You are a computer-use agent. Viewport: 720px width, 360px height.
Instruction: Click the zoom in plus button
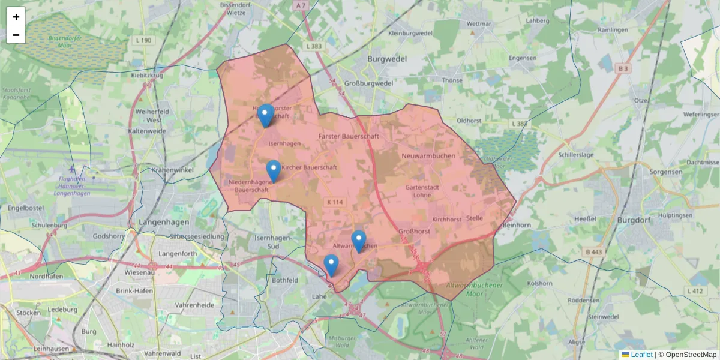[16, 16]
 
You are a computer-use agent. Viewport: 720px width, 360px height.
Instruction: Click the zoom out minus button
[16, 35]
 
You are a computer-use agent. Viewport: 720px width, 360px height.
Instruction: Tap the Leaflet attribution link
[641, 355]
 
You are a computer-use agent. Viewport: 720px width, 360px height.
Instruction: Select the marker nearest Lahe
[331, 265]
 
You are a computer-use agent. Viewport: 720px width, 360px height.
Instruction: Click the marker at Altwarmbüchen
[359, 241]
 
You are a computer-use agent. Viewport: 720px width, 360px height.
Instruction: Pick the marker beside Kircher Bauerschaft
[274, 171]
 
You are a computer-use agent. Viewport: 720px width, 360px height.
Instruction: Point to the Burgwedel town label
[387, 59]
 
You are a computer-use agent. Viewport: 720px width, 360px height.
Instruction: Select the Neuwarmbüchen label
[422, 155]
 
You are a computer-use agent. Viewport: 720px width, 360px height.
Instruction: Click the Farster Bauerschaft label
[347, 137]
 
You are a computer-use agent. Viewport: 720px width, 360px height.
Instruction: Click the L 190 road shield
[144, 40]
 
